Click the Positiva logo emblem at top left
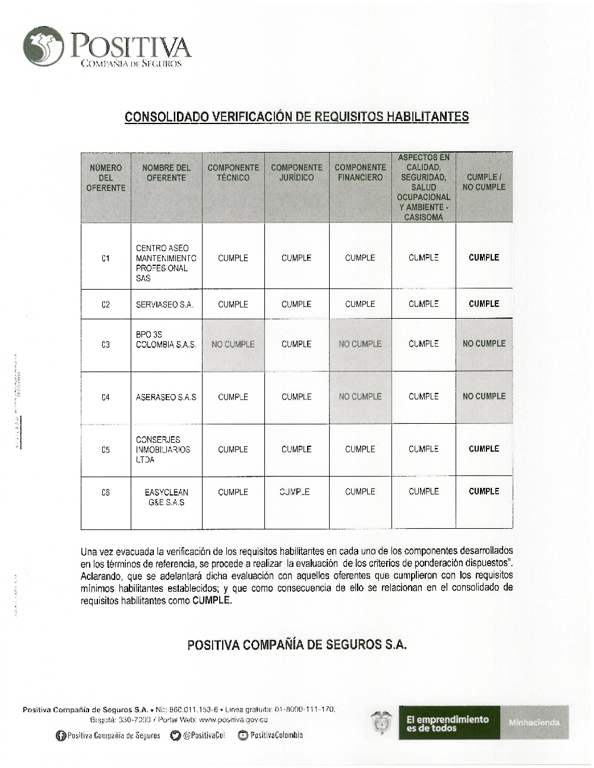click(x=43, y=47)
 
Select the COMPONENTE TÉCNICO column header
click(x=233, y=173)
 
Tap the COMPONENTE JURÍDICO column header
click(x=296, y=173)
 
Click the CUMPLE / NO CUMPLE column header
click(x=484, y=182)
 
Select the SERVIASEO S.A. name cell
click(x=165, y=304)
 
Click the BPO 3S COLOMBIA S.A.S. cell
click(x=166, y=339)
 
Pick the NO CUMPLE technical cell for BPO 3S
click(x=233, y=344)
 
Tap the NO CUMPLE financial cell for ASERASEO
click(x=360, y=396)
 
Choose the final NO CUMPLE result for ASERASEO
click(x=484, y=396)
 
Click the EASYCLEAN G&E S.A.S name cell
click(x=166, y=497)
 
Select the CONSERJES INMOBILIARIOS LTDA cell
click(x=163, y=450)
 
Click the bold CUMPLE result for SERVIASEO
click(x=484, y=304)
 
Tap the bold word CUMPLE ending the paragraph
click(x=211, y=601)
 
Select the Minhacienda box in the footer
click(x=534, y=723)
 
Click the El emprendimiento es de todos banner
click(x=449, y=723)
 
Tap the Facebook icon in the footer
click(x=60, y=736)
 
